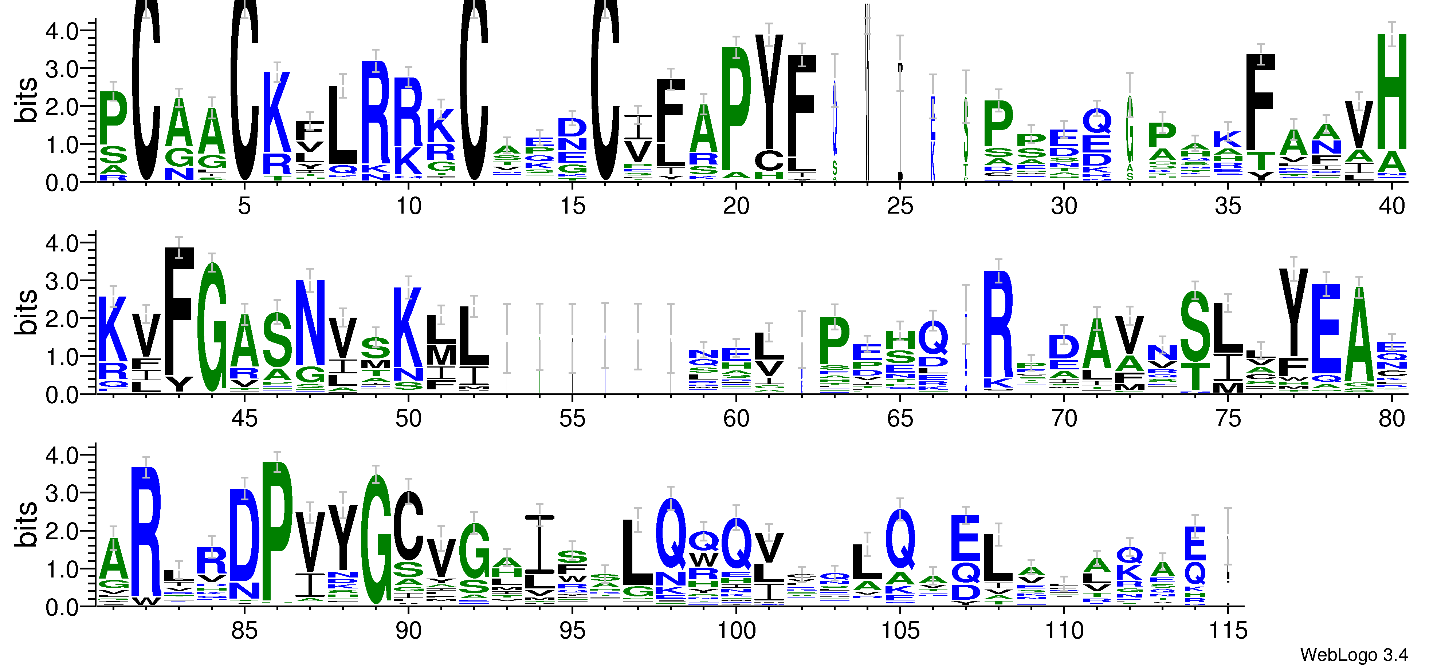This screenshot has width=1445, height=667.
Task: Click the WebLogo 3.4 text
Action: pos(1354,654)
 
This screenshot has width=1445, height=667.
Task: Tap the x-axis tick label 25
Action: pos(900,206)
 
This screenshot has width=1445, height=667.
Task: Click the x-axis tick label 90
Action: pos(408,631)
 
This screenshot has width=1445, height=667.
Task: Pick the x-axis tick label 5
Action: pos(244,206)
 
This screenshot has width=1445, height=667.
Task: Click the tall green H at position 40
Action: pos(1392,92)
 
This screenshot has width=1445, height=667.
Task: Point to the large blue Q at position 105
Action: pos(900,539)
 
